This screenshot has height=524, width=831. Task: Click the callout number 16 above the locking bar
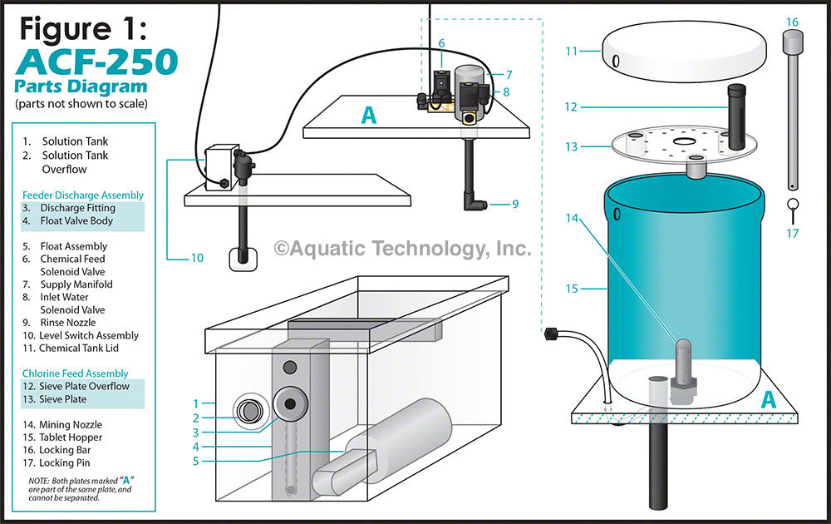pos(791,22)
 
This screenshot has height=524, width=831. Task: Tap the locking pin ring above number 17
pos(792,205)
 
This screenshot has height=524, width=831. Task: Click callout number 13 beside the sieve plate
pos(570,146)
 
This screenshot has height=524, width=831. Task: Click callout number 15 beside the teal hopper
pos(571,289)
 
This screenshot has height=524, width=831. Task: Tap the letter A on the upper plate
pos(368,116)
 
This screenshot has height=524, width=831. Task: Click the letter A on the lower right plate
pos(768,399)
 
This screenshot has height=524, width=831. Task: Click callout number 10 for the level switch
pos(197,258)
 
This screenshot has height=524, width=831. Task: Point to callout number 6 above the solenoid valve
pos(441,43)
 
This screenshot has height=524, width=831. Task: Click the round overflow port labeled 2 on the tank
pos(248,410)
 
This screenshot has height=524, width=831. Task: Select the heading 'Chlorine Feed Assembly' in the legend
pos(76,373)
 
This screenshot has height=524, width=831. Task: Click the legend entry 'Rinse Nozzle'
pos(69,323)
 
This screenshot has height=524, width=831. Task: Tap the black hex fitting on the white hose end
pos(549,337)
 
